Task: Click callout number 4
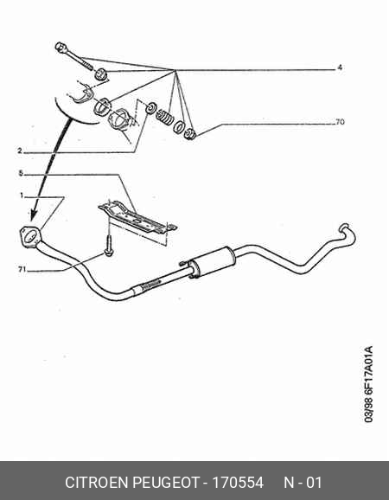(340, 67)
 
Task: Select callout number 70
(340, 122)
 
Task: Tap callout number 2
(20, 151)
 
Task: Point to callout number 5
(21, 173)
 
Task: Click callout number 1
(22, 196)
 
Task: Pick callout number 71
(22, 269)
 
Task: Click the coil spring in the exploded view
(165, 117)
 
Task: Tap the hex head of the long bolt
(60, 48)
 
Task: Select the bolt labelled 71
(109, 245)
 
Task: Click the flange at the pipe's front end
(30, 236)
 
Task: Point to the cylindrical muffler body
(212, 261)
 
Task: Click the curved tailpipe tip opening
(344, 228)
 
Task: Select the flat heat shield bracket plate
(137, 218)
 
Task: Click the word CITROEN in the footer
(96, 482)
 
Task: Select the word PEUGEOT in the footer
(166, 482)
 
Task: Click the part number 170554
(238, 482)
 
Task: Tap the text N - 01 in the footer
(303, 482)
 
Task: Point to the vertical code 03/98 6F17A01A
(368, 384)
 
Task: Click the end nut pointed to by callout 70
(190, 133)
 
